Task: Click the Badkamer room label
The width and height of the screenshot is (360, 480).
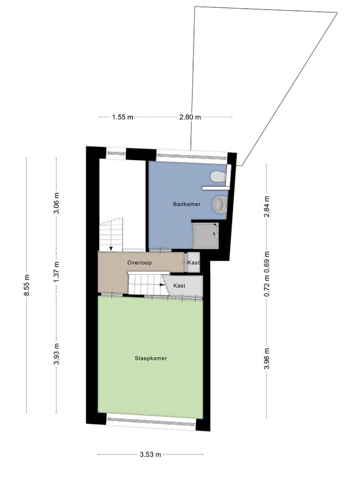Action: (187, 204)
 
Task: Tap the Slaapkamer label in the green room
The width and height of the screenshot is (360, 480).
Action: (151, 358)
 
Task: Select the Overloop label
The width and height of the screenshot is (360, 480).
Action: (140, 262)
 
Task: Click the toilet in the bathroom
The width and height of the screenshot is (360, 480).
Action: (219, 177)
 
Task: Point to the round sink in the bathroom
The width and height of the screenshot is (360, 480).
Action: (220, 204)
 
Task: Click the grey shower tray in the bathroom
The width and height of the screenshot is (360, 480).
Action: (206, 235)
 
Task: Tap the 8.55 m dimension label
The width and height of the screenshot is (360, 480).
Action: (27, 285)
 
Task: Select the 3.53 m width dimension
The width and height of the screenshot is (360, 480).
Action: (150, 454)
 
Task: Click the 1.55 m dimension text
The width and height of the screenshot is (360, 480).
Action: (123, 117)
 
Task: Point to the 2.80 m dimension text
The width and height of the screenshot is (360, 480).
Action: (190, 117)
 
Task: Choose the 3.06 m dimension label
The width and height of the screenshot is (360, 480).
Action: (57, 204)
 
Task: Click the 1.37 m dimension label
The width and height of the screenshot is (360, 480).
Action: (57, 273)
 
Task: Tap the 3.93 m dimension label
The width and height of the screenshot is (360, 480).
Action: (57, 355)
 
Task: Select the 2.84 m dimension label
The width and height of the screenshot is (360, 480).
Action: (267, 206)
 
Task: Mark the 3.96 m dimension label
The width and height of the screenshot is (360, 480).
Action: (267, 359)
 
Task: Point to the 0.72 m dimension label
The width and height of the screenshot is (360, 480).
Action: (267, 286)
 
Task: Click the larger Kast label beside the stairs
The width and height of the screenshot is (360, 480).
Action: (179, 286)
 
